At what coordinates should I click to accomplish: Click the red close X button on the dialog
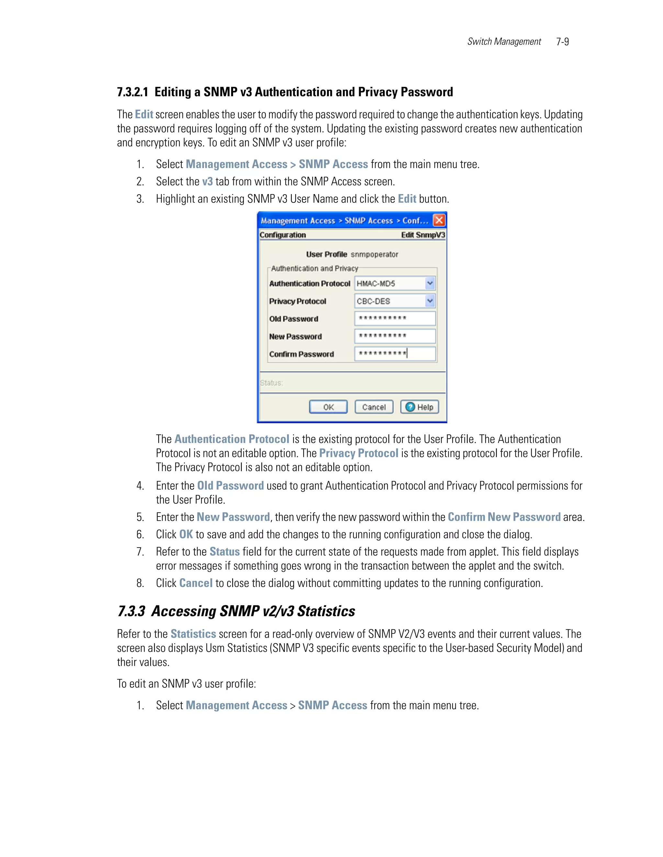[439, 220]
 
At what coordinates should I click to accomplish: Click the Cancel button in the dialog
[374, 407]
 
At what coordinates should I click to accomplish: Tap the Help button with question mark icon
[420, 407]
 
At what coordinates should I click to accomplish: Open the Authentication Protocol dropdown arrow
[430, 283]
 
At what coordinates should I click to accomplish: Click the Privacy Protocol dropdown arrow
[430, 301]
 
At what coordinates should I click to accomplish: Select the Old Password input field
[395, 318]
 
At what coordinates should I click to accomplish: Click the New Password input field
[395, 336]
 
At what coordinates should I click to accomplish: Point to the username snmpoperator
[374, 254]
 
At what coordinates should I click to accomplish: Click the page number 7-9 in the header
[562, 42]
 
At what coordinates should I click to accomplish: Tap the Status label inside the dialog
[271, 383]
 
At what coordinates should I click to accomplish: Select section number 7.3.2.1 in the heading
[133, 92]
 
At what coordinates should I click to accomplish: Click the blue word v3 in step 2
[208, 181]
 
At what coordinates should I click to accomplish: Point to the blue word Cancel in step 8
[196, 583]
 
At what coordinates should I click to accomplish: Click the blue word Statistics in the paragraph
[193, 634]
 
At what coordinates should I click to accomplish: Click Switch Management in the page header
[504, 42]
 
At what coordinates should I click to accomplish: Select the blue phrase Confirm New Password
[504, 517]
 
